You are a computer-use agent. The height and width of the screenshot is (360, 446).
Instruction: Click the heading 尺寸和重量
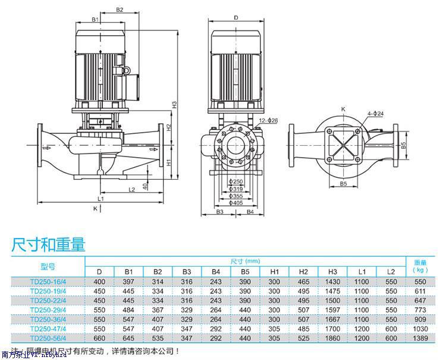click(x=49, y=244)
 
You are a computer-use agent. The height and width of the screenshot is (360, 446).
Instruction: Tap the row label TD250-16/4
click(x=48, y=281)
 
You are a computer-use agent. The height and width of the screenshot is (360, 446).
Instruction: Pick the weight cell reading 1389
click(x=420, y=339)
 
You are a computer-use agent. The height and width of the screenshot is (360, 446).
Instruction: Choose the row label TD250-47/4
click(x=48, y=329)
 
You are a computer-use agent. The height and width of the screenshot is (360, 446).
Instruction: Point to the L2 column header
click(x=390, y=272)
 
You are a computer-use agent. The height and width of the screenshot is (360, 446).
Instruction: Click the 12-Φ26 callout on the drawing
click(x=269, y=121)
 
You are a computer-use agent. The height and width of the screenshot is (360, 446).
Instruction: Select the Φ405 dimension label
click(x=237, y=203)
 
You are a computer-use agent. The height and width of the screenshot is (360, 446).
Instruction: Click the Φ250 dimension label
click(x=237, y=181)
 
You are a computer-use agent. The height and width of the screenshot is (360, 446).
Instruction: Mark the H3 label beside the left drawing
click(x=175, y=104)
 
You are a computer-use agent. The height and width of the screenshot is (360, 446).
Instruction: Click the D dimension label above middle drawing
click(x=235, y=18)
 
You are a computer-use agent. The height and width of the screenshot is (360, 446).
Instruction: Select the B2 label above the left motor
click(x=119, y=10)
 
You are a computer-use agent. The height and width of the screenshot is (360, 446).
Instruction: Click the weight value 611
click(x=420, y=291)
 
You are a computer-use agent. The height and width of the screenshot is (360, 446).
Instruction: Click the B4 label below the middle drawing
click(x=250, y=212)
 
